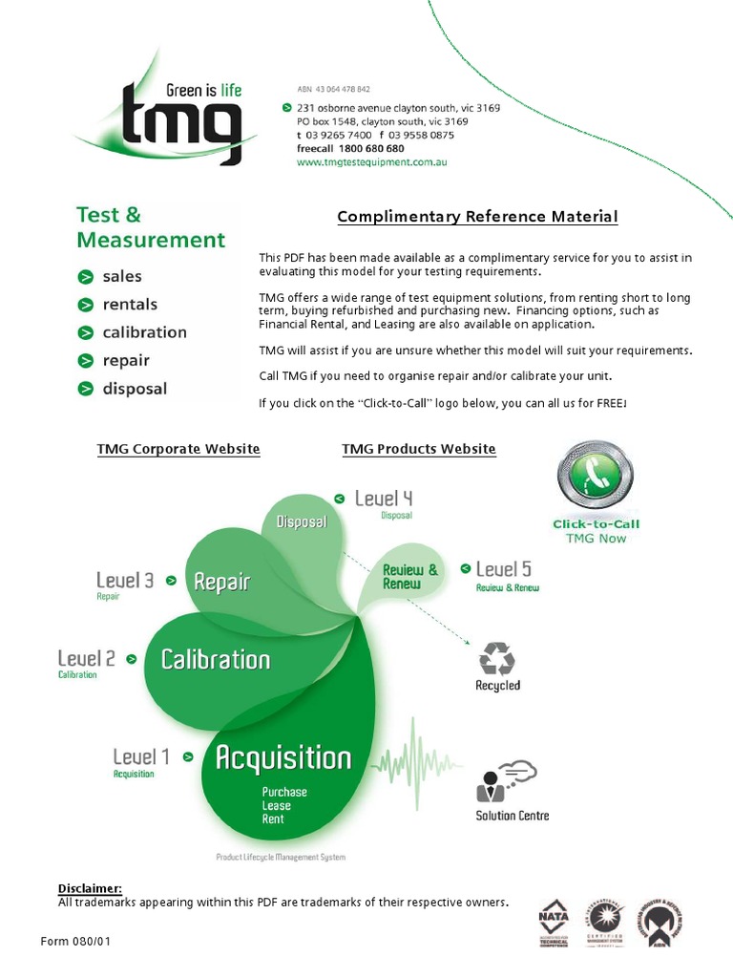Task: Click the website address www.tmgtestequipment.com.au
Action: (x=371, y=162)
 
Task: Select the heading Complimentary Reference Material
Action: (x=477, y=217)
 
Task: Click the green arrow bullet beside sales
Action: (x=86, y=277)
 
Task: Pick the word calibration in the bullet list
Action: (x=144, y=332)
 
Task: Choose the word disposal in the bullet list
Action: (x=135, y=389)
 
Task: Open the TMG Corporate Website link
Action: (x=178, y=449)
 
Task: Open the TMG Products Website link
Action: (x=419, y=449)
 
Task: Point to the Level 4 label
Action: (x=384, y=499)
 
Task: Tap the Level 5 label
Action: (x=504, y=569)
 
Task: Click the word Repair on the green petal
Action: (x=221, y=582)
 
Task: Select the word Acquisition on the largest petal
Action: (x=283, y=758)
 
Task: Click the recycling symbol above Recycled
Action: (x=497, y=659)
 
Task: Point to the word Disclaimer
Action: (x=90, y=888)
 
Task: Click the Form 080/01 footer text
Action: (x=76, y=942)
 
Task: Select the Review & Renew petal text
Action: (x=410, y=576)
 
